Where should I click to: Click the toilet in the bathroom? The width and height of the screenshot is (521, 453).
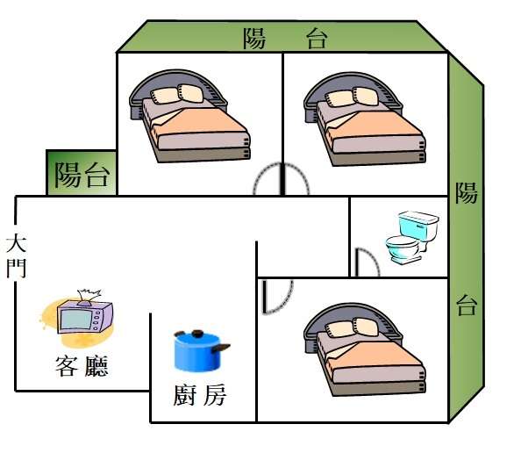(x=412, y=237)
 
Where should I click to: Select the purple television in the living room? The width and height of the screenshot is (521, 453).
(x=85, y=316)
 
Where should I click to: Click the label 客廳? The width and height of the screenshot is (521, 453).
(x=82, y=366)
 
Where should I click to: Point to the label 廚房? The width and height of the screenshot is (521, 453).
(x=200, y=395)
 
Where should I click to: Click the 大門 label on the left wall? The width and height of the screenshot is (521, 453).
(x=17, y=255)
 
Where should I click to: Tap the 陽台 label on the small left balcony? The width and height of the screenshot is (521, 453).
(x=82, y=175)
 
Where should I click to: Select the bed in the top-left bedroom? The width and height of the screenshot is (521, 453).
(x=189, y=116)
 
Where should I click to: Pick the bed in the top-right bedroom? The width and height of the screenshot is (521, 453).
(x=365, y=119)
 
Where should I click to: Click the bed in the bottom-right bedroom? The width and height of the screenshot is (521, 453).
(x=365, y=349)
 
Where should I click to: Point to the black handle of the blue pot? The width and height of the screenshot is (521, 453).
(x=221, y=348)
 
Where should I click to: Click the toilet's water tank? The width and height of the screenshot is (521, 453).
(x=418, y=225)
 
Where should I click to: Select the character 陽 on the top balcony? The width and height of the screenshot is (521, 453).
(x=254, y=39)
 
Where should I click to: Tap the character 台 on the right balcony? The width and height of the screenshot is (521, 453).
(x=467, y=305)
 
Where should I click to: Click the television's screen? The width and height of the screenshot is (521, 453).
(x=76, y=319)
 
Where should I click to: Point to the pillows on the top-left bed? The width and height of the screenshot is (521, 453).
(x=177, y=94)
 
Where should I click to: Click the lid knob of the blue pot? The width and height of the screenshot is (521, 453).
(x=198, y=333)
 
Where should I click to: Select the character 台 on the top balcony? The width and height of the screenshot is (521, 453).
(x=317, y=39)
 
